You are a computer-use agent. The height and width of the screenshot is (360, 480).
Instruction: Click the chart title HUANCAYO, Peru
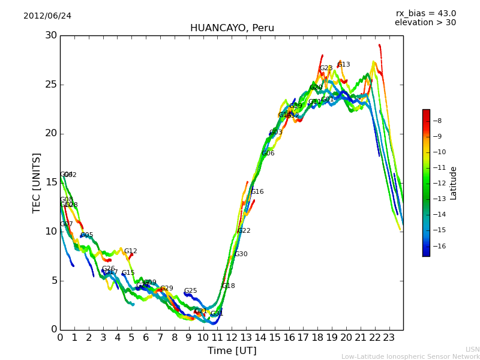tap(232, 28)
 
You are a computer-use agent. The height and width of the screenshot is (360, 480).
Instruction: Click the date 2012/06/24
tap(47, 16)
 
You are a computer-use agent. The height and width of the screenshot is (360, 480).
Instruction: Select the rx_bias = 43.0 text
tap(425, 14)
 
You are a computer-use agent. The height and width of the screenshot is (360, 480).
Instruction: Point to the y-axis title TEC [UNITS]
tap(37, 182)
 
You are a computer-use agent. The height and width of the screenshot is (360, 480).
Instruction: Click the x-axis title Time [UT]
tap(232, 351)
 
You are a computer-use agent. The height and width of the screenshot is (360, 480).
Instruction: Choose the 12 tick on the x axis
tap(232, 338)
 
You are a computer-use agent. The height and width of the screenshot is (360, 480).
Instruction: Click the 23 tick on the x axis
tap(389, 338)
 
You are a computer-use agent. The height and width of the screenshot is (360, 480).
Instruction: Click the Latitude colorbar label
tap(454, 183)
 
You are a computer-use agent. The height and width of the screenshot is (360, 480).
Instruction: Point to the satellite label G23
tap(326, 68)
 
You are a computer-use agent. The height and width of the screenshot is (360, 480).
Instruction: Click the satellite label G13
tap(344, 65)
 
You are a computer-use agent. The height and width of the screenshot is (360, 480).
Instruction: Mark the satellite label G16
tap(257, 192)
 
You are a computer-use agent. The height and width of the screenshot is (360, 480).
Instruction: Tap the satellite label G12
tap(131, 251)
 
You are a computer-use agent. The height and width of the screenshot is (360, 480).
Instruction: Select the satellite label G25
tap(190, 291)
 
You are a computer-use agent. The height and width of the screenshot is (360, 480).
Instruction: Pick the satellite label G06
tap(268, 154)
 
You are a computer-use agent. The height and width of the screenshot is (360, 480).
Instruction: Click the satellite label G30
tap(241, 254)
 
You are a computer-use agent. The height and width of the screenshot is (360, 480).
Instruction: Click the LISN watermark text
tap(472, 349)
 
